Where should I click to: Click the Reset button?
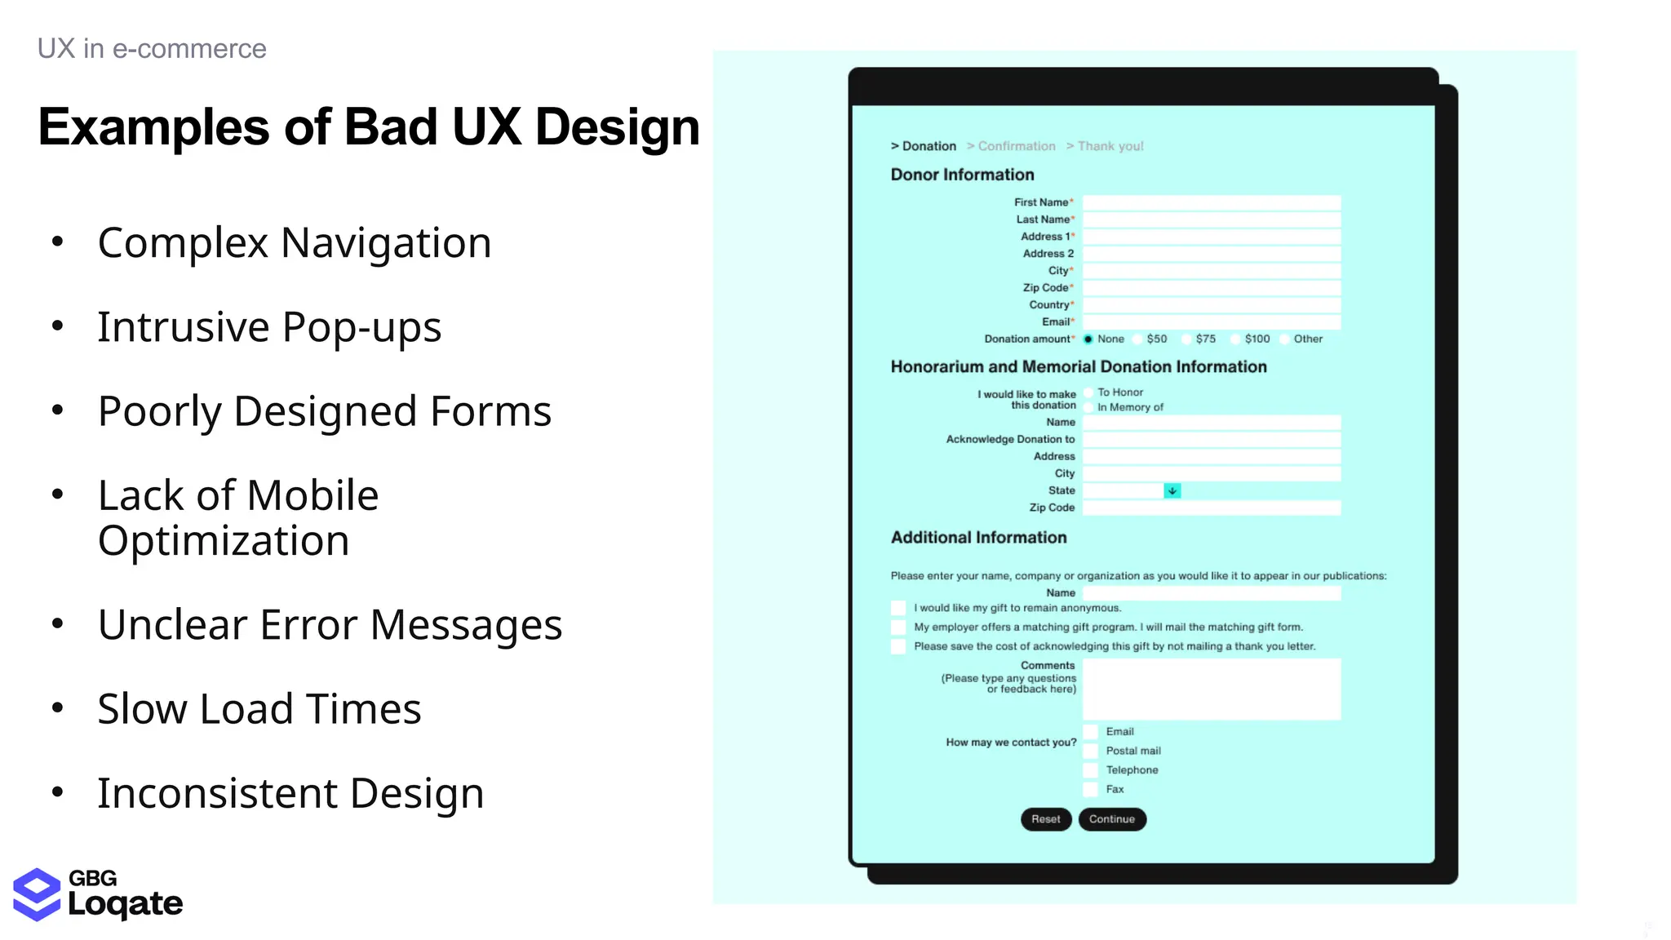coord(1045,819)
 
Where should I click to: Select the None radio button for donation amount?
coord(1088,339)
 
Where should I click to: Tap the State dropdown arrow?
coord(1172,491)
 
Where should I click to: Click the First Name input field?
coord(1212,202)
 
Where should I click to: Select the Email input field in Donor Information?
coord(1212,322)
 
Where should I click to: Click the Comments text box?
coord(1212,689)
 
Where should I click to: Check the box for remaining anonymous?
coord(898,609)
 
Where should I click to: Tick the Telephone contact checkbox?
coord(1090,770)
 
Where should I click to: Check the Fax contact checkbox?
coord(1090,790)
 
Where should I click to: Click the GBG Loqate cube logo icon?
coord(37,894)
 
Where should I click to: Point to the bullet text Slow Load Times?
coord(259,708)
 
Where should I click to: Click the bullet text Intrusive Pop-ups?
coord(269,327)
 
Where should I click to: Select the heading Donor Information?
coord(962,175)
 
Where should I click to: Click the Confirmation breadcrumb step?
coord(1016,146)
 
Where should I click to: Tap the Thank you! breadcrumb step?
coord(1110,146)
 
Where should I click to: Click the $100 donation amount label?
coord(1257,339)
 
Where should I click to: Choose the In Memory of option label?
coord(1130,407)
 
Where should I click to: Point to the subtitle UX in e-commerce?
coord(152,49)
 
